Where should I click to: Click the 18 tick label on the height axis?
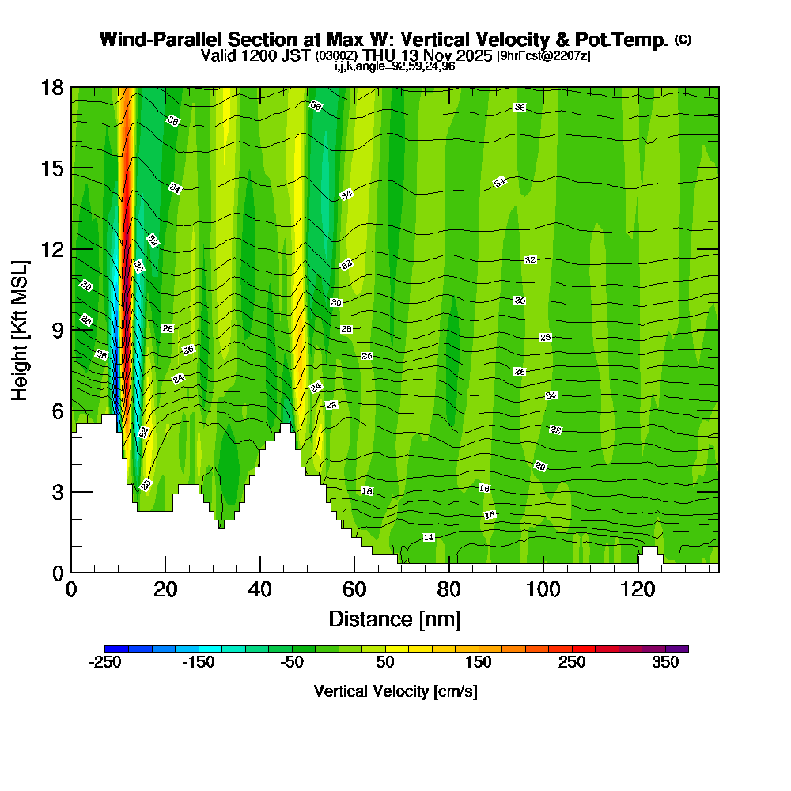click(x=52, y=87)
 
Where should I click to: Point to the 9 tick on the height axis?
click(x=71, y=330)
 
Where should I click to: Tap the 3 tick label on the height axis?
click(x=57, y=492)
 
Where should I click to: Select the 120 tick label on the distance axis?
click(x=638, y=589)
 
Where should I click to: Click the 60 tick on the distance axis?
click(x=354, y=572)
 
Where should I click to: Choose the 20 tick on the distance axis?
click(x=165, y=572)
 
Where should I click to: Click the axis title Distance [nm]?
click(x=395, y=618)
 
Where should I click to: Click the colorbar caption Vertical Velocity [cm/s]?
click(x=395, y=691)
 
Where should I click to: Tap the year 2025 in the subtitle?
click(x=469, y=55)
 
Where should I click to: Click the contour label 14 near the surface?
click(x=429, y=538)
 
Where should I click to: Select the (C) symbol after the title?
click(x=683, y=40)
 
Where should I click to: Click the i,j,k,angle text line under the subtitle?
click(x=395, y=66)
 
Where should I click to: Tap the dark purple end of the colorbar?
click(x=683, y=649)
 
